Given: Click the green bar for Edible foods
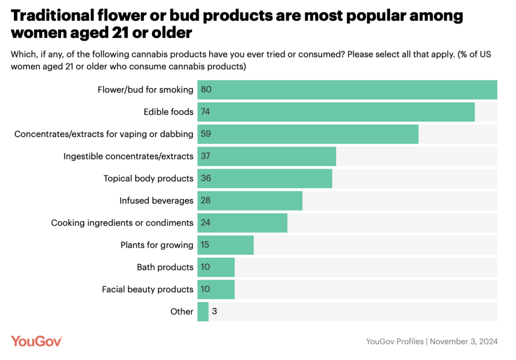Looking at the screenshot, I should point(336,112).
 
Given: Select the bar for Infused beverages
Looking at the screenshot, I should point(249,200).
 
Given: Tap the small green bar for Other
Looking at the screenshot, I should point(203,311).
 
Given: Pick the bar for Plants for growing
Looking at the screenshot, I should point(225,245).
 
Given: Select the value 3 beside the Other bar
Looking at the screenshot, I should point(215,311).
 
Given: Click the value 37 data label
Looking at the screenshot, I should point(205,156).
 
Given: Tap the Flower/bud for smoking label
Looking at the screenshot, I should point(145,90).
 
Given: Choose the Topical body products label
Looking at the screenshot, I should point(148,178).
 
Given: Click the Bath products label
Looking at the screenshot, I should point(165,267).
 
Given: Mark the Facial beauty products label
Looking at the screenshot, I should point(147,289).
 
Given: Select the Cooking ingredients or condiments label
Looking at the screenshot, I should point(122,223).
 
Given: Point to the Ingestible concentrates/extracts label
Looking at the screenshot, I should point(128,156).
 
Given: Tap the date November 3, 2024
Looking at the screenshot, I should point(465,341).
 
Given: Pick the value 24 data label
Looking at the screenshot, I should point(205,223).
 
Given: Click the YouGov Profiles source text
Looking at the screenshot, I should point(395,341).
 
